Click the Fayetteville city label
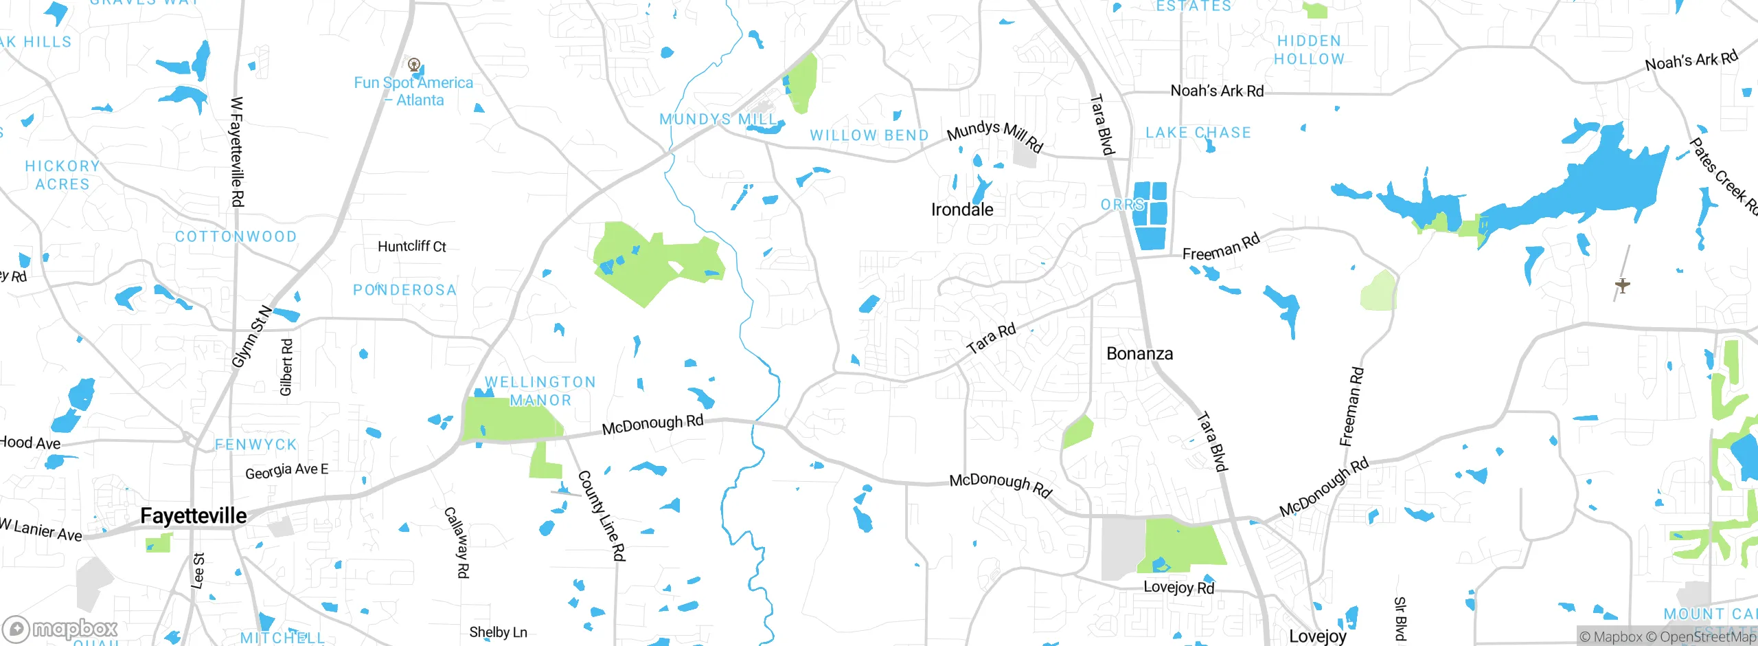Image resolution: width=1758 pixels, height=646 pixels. point(193,516)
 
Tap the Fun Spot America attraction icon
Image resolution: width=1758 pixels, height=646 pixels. point(413,65)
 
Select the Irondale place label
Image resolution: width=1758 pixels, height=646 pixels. point(961,210)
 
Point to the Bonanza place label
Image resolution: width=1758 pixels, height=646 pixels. point(1139,354)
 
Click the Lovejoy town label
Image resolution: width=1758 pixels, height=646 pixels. point(1317,636)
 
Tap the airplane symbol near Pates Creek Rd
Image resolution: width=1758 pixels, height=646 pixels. point(1622,285)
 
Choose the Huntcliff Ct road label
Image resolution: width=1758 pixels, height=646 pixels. point(411,246)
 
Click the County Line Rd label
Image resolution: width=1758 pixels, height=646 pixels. point(602,515)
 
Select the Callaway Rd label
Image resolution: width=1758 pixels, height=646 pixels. point(457,542)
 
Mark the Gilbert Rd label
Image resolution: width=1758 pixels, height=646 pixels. point(286,367)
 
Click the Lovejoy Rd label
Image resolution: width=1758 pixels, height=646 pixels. point(1178,587)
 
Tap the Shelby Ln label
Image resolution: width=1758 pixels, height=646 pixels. point(498,632)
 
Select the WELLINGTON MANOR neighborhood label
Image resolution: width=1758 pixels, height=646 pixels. point(540,391)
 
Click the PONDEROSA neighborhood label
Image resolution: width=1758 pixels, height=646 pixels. point(404,290)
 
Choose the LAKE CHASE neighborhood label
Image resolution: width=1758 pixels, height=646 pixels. point(1198,133)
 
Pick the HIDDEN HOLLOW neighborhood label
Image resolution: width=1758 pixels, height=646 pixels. point(1309,50)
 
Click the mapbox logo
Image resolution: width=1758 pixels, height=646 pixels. point(60,629)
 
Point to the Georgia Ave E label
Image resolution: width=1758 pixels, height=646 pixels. point(286,471)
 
